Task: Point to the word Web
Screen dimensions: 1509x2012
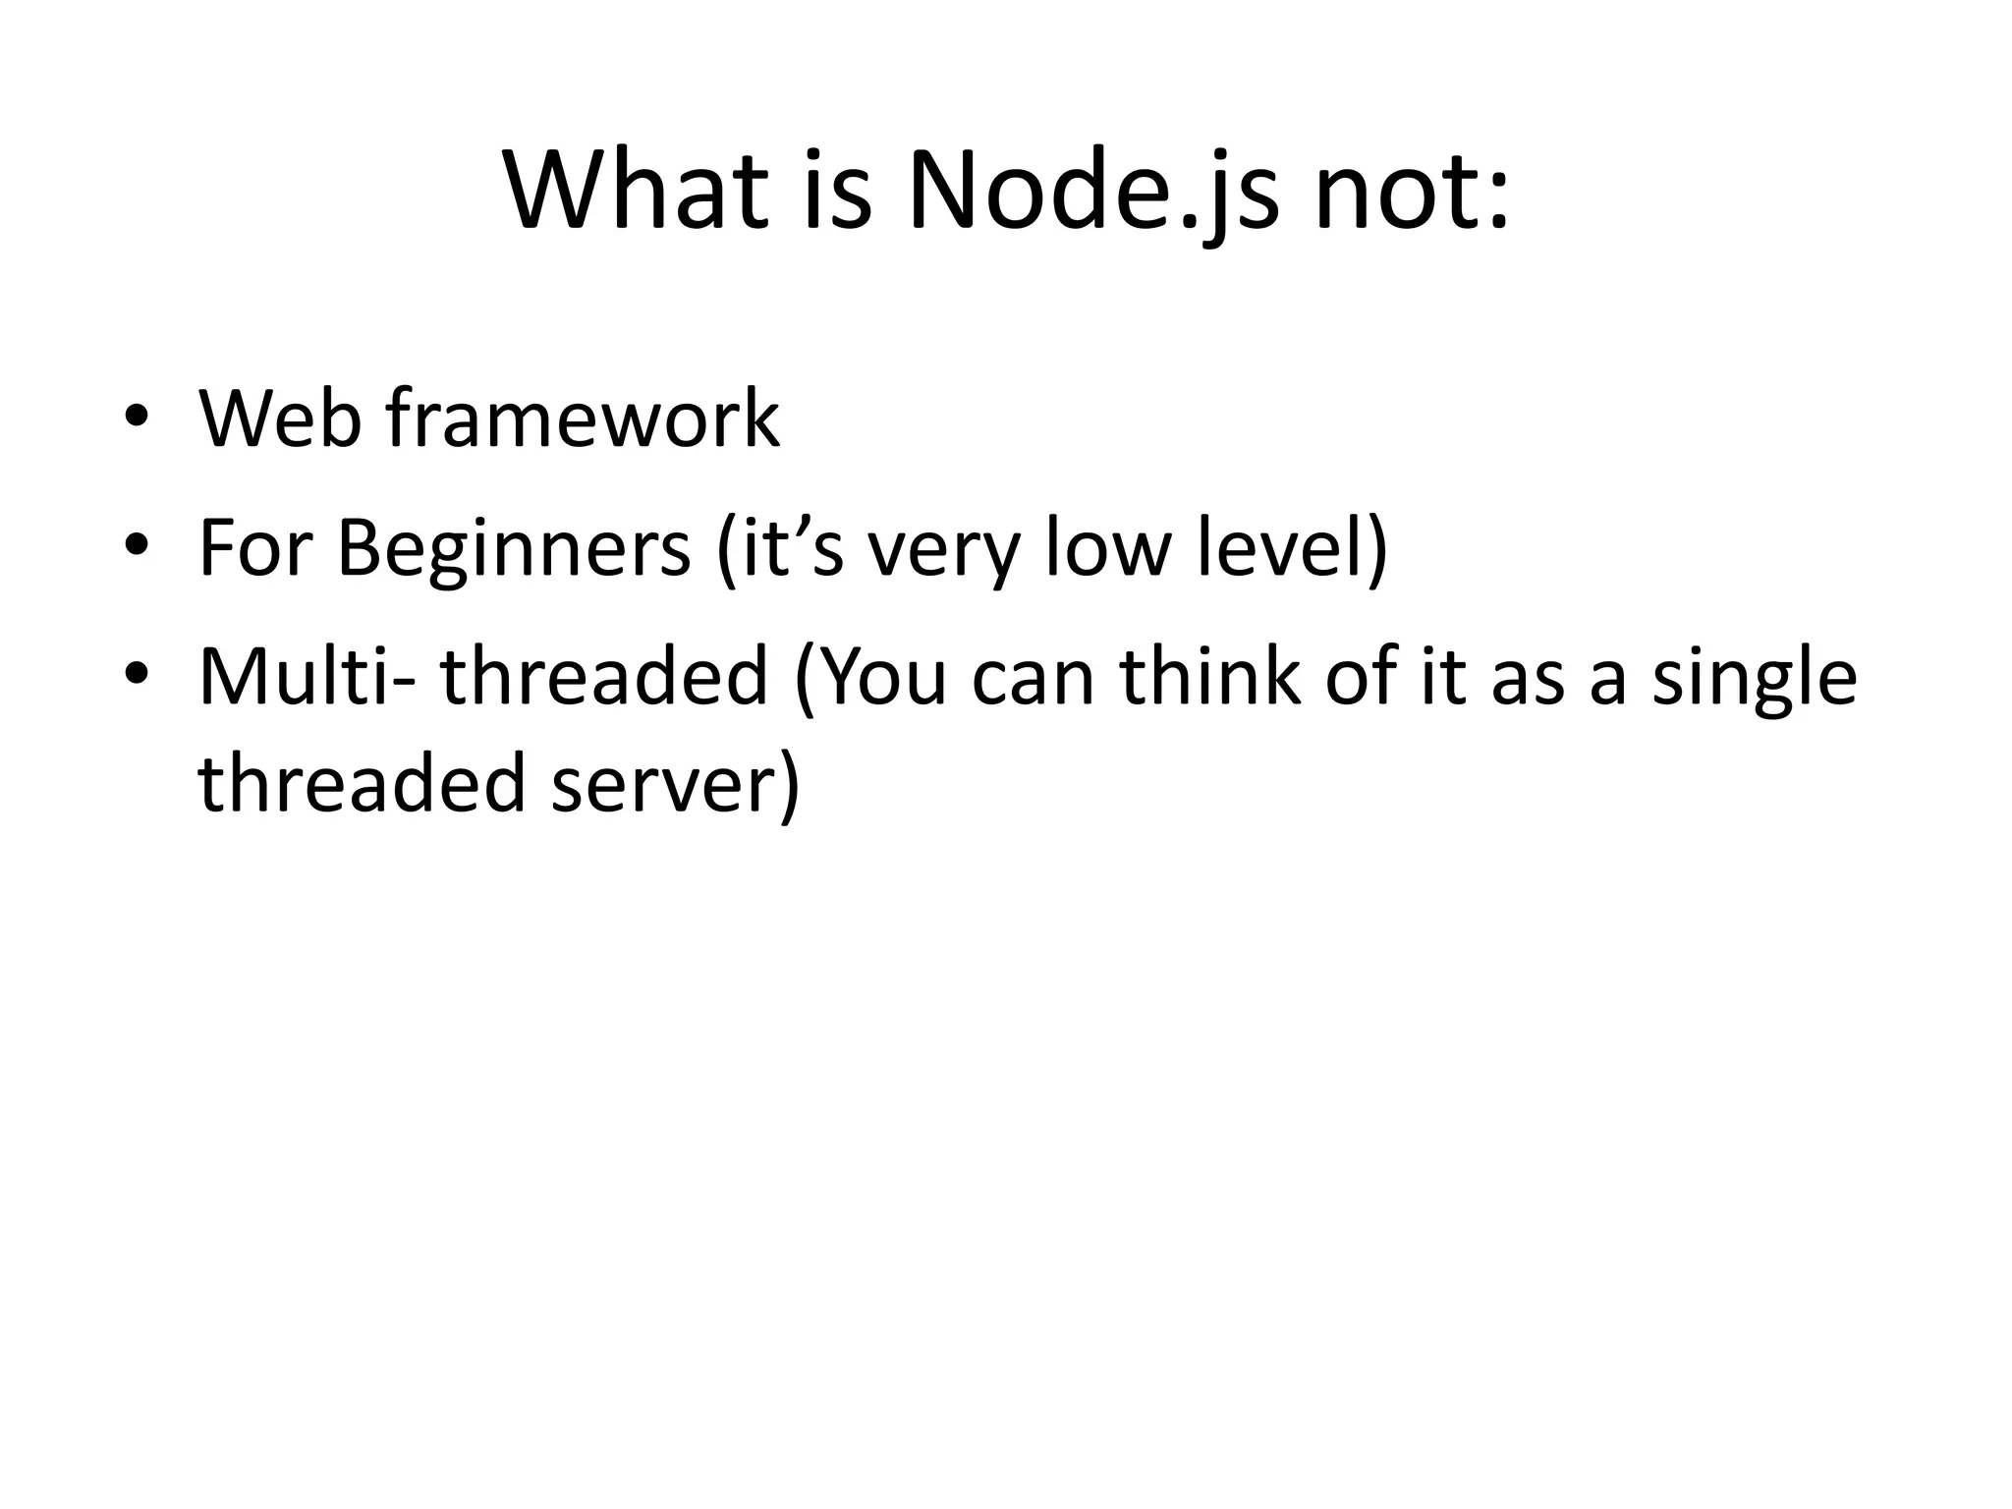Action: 280,419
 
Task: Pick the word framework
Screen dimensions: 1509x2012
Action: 583,419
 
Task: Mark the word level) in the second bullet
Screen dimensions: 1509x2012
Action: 1293,547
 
